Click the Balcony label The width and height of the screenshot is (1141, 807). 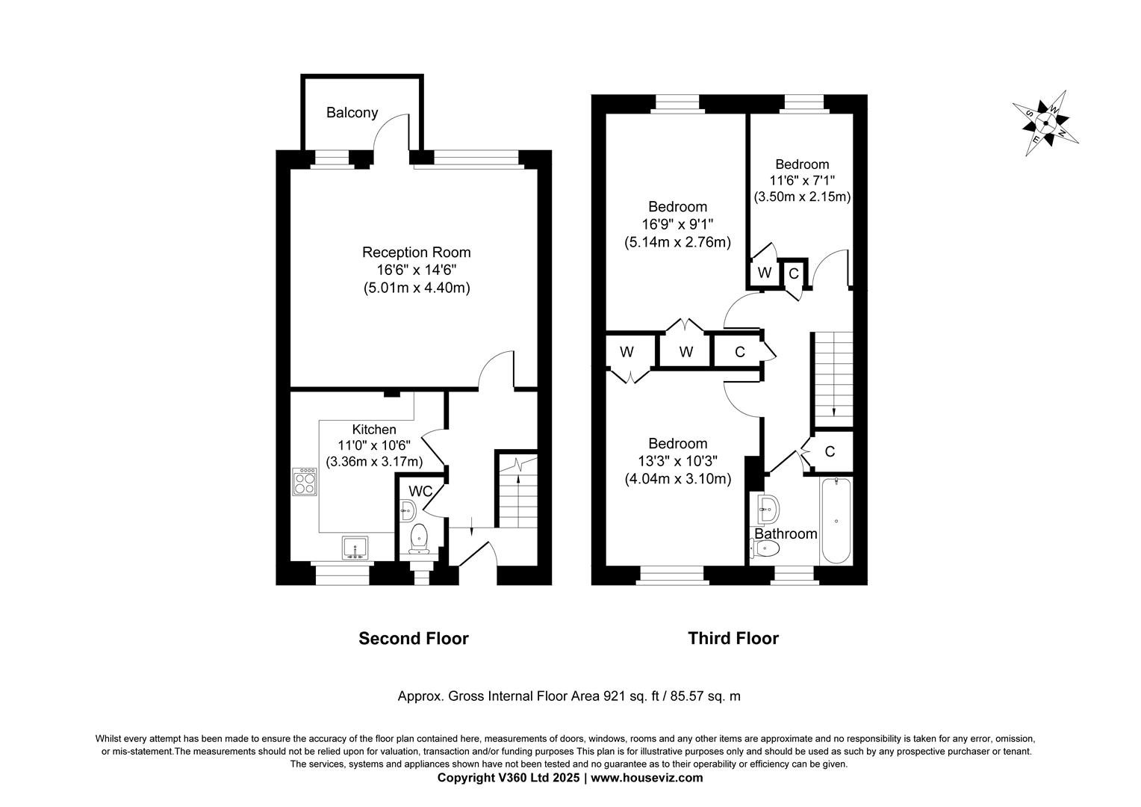[352, 113]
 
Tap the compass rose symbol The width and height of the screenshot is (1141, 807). [1045, 123]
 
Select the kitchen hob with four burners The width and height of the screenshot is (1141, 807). [304, 482]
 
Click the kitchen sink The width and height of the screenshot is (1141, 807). [355, 548]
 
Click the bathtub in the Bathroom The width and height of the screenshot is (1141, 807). [836, 520]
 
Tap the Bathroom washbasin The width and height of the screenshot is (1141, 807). [768, 509]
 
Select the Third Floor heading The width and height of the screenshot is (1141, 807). [733, 638]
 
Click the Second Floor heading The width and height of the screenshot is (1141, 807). [414, 638]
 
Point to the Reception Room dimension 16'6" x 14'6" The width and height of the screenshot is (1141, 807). [416, 270]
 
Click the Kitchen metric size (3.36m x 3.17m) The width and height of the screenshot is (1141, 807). [374, 462]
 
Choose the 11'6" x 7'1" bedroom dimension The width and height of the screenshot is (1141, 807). [802, 181]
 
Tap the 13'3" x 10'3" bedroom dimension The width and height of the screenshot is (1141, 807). [677, 461]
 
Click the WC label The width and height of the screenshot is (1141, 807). [420, 492]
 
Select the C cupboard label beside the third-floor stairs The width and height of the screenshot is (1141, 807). [830, 451]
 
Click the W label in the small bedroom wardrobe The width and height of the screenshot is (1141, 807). [764, 273]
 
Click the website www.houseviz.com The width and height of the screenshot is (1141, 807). [647, 778]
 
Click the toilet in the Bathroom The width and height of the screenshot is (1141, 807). [765, 549]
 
